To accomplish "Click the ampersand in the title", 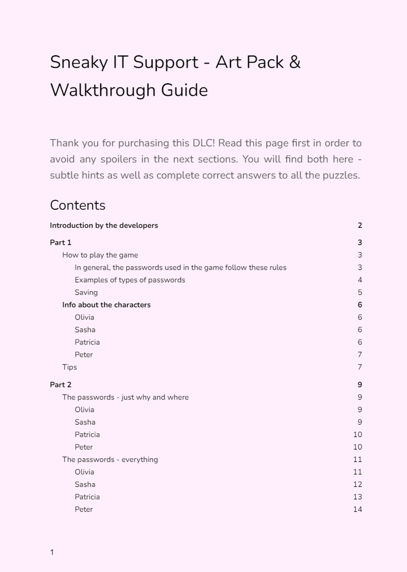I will coord(295,62).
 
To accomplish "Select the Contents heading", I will coord(77,205).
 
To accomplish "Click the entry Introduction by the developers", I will coord(104,226).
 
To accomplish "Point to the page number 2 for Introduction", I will coord(360,226).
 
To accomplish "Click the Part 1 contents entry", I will coord(60,243).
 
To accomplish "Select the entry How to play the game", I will coord(100,255).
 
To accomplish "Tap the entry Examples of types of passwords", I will coord(130,280).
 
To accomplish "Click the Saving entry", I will coord(86,292).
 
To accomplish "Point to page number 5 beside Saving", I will coord(360,292).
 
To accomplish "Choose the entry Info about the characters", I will coord(107,305).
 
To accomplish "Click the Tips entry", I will coord(69,367).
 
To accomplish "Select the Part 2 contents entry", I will coord(60,385).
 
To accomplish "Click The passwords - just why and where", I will coord(126,397).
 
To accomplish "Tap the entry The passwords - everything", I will coord(110,460).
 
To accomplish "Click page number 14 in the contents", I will coord(358,510).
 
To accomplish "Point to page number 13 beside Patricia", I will coord(358,497).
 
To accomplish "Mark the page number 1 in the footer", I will coord(52,552).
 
